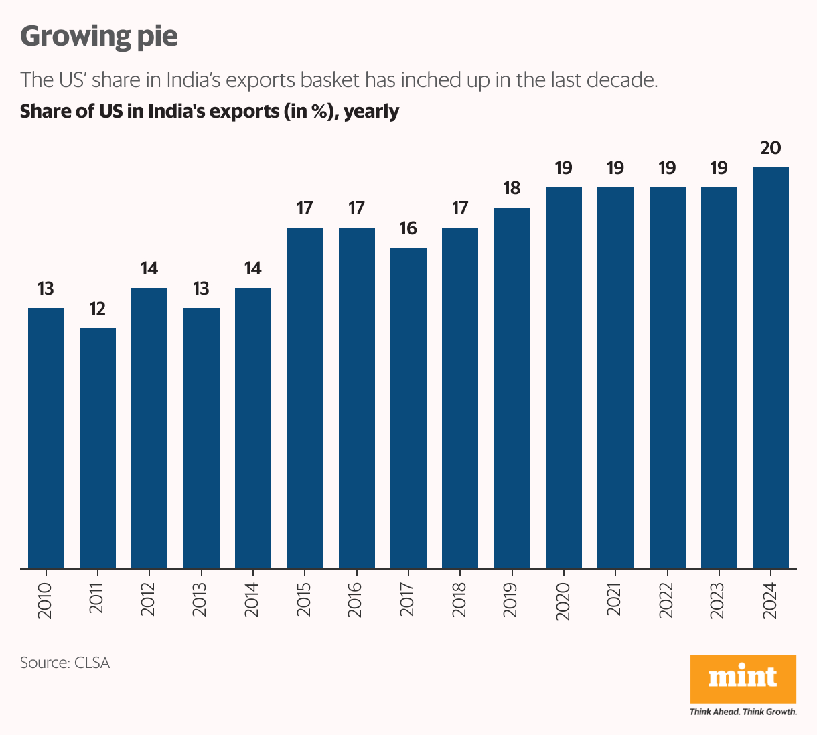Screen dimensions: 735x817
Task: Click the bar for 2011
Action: coord(98,448)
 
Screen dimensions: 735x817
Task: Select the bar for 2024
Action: coord(771,368)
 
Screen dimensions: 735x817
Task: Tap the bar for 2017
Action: coord(408,408)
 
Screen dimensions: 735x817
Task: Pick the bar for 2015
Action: coord(305,398)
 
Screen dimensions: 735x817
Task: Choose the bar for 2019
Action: coord(512,388)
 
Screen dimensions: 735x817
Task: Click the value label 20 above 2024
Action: coord(771,148)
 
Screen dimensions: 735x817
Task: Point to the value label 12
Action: coord(98,309)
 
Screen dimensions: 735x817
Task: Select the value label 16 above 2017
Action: coord(408,228)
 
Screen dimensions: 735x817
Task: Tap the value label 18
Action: coord(512,188)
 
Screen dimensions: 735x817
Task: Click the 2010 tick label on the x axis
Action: coord(46,600)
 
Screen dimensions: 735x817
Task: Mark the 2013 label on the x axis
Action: coord(201,600)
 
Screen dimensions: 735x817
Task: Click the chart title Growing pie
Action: coord(99,36)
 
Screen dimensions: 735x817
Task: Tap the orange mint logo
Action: coord(743,678)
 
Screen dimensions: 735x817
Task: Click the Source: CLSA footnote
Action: coord(65,663)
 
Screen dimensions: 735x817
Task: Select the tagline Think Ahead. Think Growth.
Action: coord(743,712)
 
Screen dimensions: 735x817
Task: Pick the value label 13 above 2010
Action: coord(46,289)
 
